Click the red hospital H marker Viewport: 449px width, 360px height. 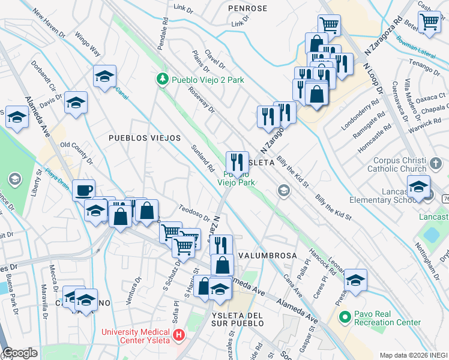pos(178,335)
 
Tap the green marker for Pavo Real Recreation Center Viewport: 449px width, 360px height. pos(344,317)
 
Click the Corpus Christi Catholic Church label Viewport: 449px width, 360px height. pos(408,165)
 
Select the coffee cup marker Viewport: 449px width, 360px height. pos(83,191)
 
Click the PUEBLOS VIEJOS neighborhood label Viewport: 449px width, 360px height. pos(145,138)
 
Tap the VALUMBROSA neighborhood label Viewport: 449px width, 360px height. pos(268,256)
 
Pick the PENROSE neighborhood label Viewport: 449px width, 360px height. pos(247,8)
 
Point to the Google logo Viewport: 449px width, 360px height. pos(20,353)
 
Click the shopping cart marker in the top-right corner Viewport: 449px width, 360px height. pos(429,22)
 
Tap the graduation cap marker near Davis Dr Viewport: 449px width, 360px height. pos(76,103)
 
